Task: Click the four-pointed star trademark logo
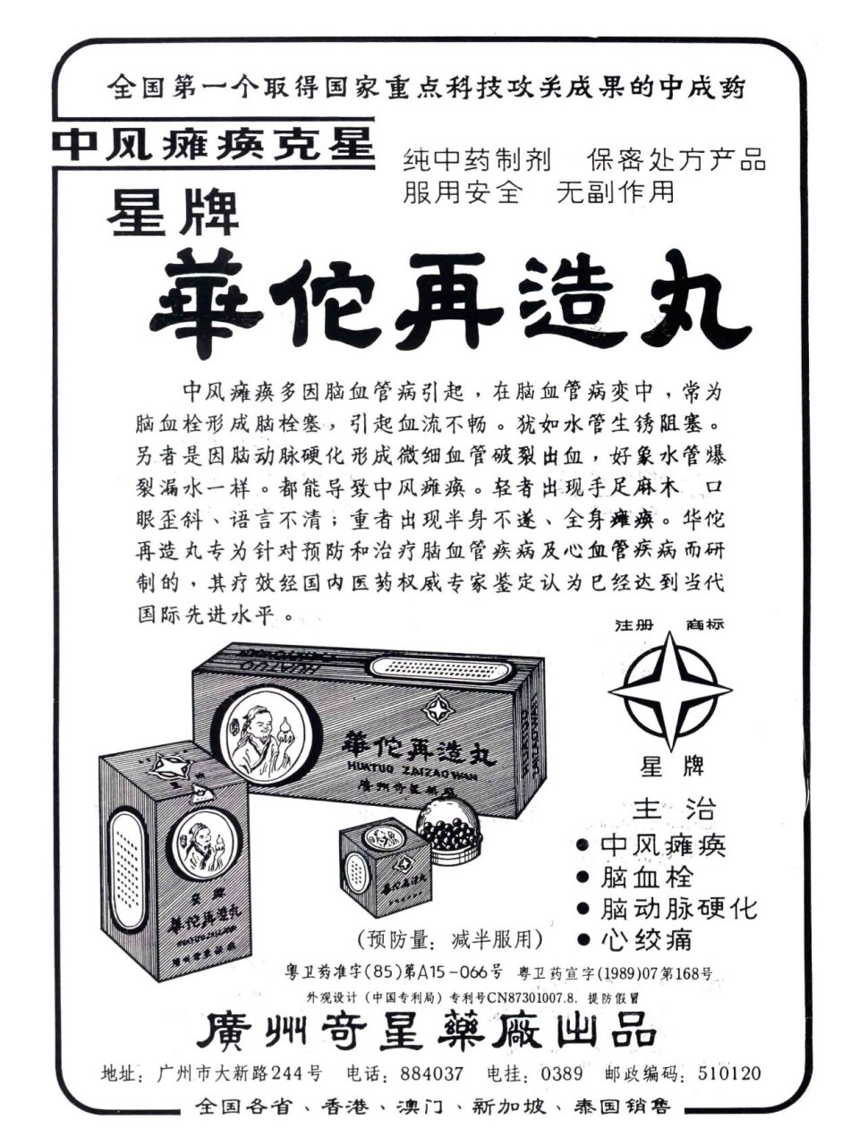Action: coord(669,691)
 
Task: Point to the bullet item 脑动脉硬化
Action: coord(678,909)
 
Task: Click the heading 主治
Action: coord(674,809)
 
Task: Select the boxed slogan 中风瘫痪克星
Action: coord(213,145)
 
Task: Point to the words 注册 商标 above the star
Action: coord(668,624)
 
